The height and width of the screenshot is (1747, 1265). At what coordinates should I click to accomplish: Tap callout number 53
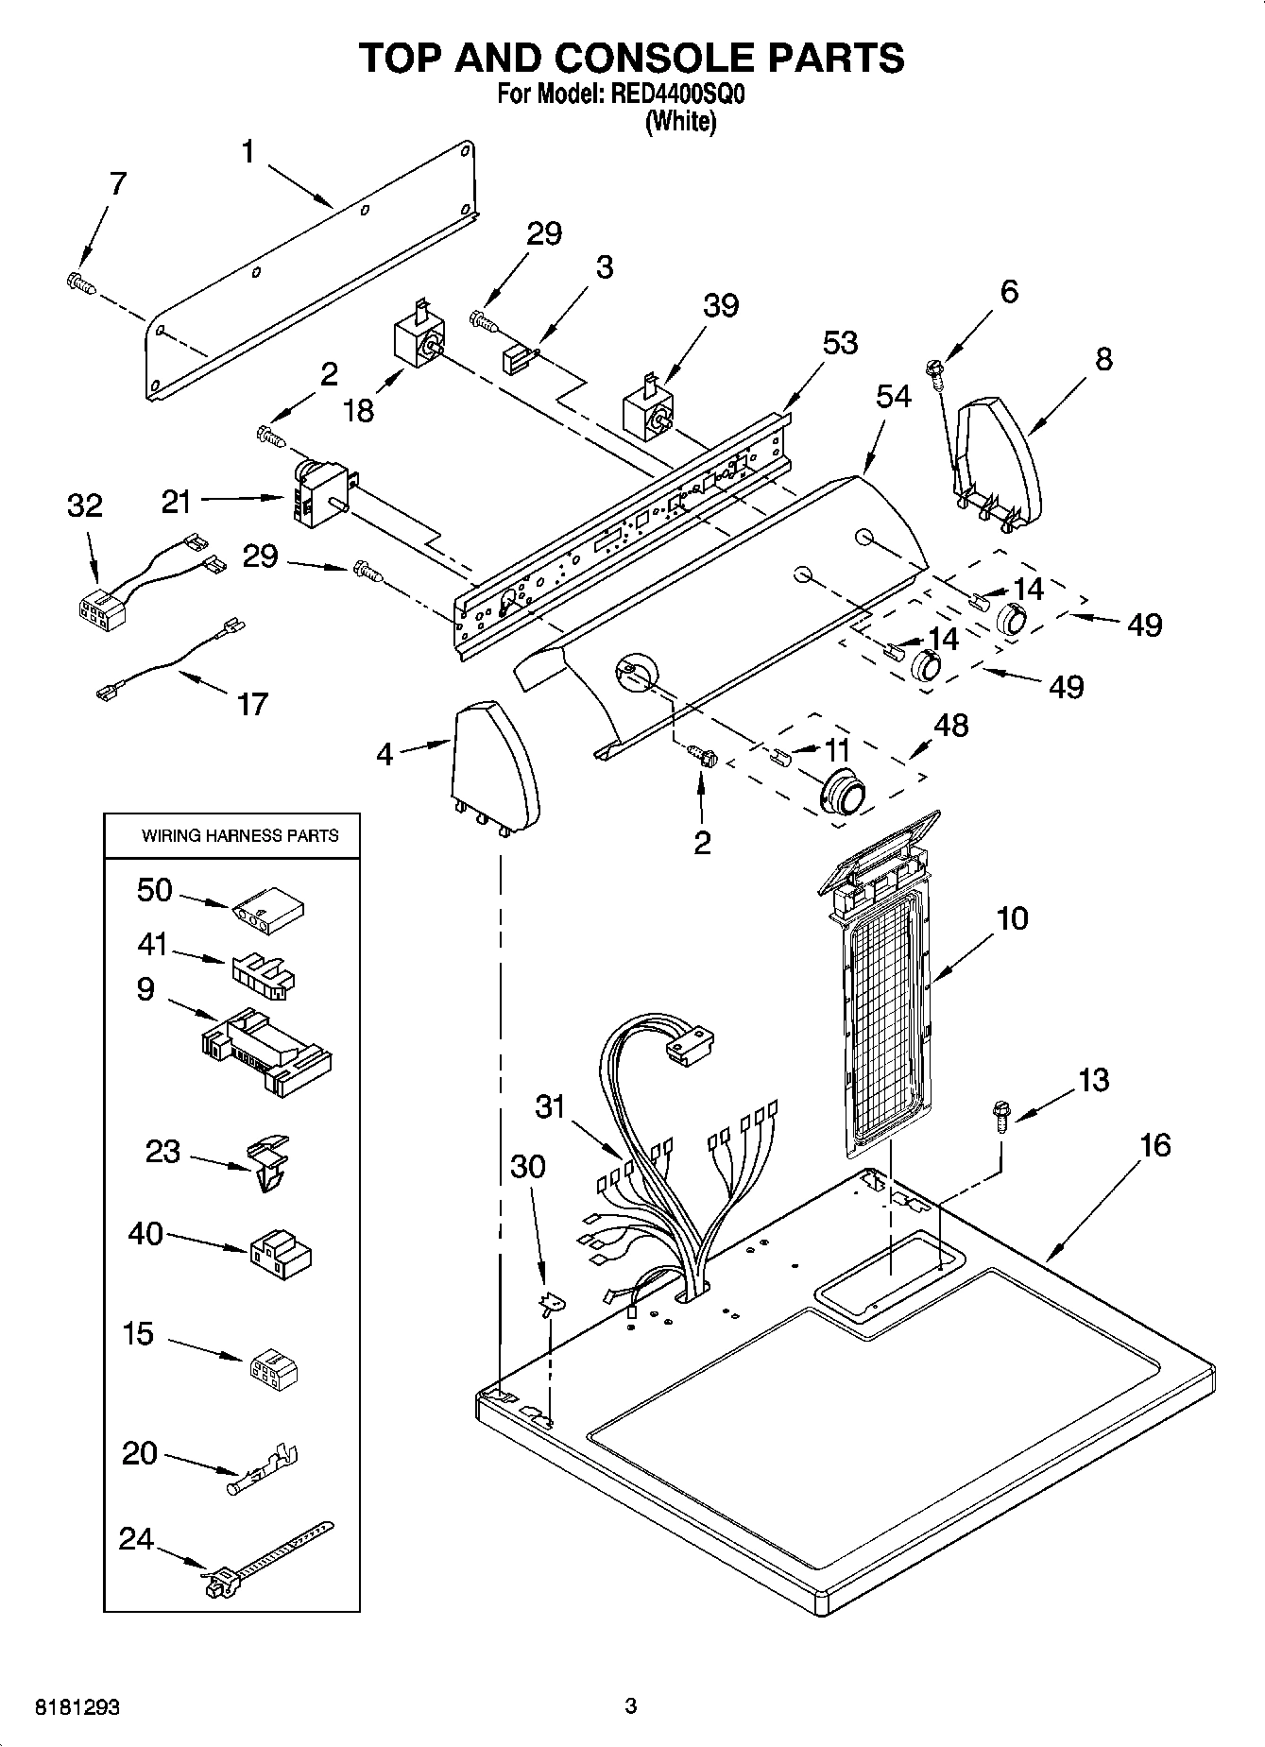tap(839, 342)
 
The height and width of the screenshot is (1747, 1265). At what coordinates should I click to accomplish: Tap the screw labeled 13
tap(1000, 1116)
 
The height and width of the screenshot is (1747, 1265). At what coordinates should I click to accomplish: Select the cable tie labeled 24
tap(265, 1556)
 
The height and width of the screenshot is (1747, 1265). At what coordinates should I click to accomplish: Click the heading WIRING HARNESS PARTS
tap(239, 835)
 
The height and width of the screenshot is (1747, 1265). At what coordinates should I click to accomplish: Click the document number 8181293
tap(77, 1707)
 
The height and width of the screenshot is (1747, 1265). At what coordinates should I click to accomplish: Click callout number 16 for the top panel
tap(1154, 1145)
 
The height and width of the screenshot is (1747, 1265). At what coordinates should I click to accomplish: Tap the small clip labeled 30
tap(548, 1305)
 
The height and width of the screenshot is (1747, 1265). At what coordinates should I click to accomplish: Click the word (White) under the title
tap(680, 121)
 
